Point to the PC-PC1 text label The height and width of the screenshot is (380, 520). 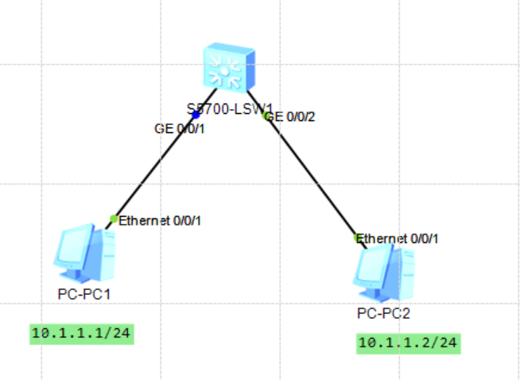click(x=83, y=294)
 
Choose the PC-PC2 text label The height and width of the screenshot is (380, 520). click(x=384, y=312)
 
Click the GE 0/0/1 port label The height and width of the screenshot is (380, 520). click(x=180, y=128)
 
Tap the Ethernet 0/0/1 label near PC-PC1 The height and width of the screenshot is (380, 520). click(x=159, y=221)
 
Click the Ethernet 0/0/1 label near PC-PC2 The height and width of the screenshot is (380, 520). click(x=398, y=238)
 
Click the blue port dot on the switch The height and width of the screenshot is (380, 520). click(x=196, y=116)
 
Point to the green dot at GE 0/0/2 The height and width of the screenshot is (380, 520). click(x=265, y=116)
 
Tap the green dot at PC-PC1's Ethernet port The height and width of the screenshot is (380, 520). click(x=114, y=219)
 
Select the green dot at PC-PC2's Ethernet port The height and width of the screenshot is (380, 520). click(x=357, y=237)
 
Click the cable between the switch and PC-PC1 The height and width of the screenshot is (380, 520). click(x=155, y=167)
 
